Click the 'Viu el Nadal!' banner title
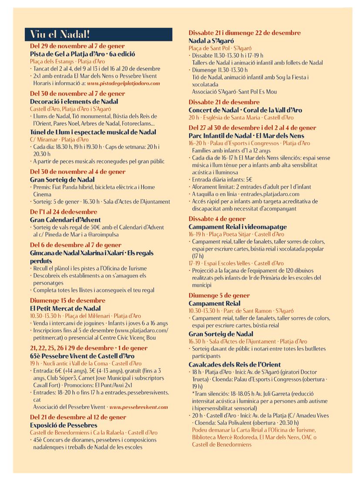[x=60, y=34]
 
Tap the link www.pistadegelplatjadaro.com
[x=123, y=83]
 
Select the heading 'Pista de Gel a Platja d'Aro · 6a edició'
[x=82, y=54]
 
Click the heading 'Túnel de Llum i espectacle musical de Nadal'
[x=93, y=132]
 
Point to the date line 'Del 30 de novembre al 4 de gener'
[x=77, y=172]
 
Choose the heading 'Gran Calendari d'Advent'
[x=65, y=220]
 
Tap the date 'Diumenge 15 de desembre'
[x=67, y=301]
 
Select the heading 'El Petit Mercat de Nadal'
[x=65, y=308]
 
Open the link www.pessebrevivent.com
[x=138, y=407]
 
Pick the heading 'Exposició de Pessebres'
[x=64, y=425]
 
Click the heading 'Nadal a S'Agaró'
[x=211, y=40]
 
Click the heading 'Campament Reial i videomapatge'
[x=238, y=227]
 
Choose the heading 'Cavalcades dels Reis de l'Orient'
[x=235, y=364]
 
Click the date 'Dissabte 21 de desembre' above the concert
[x=224, y=102]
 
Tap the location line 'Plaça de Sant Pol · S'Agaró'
[x=220, y=48]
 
